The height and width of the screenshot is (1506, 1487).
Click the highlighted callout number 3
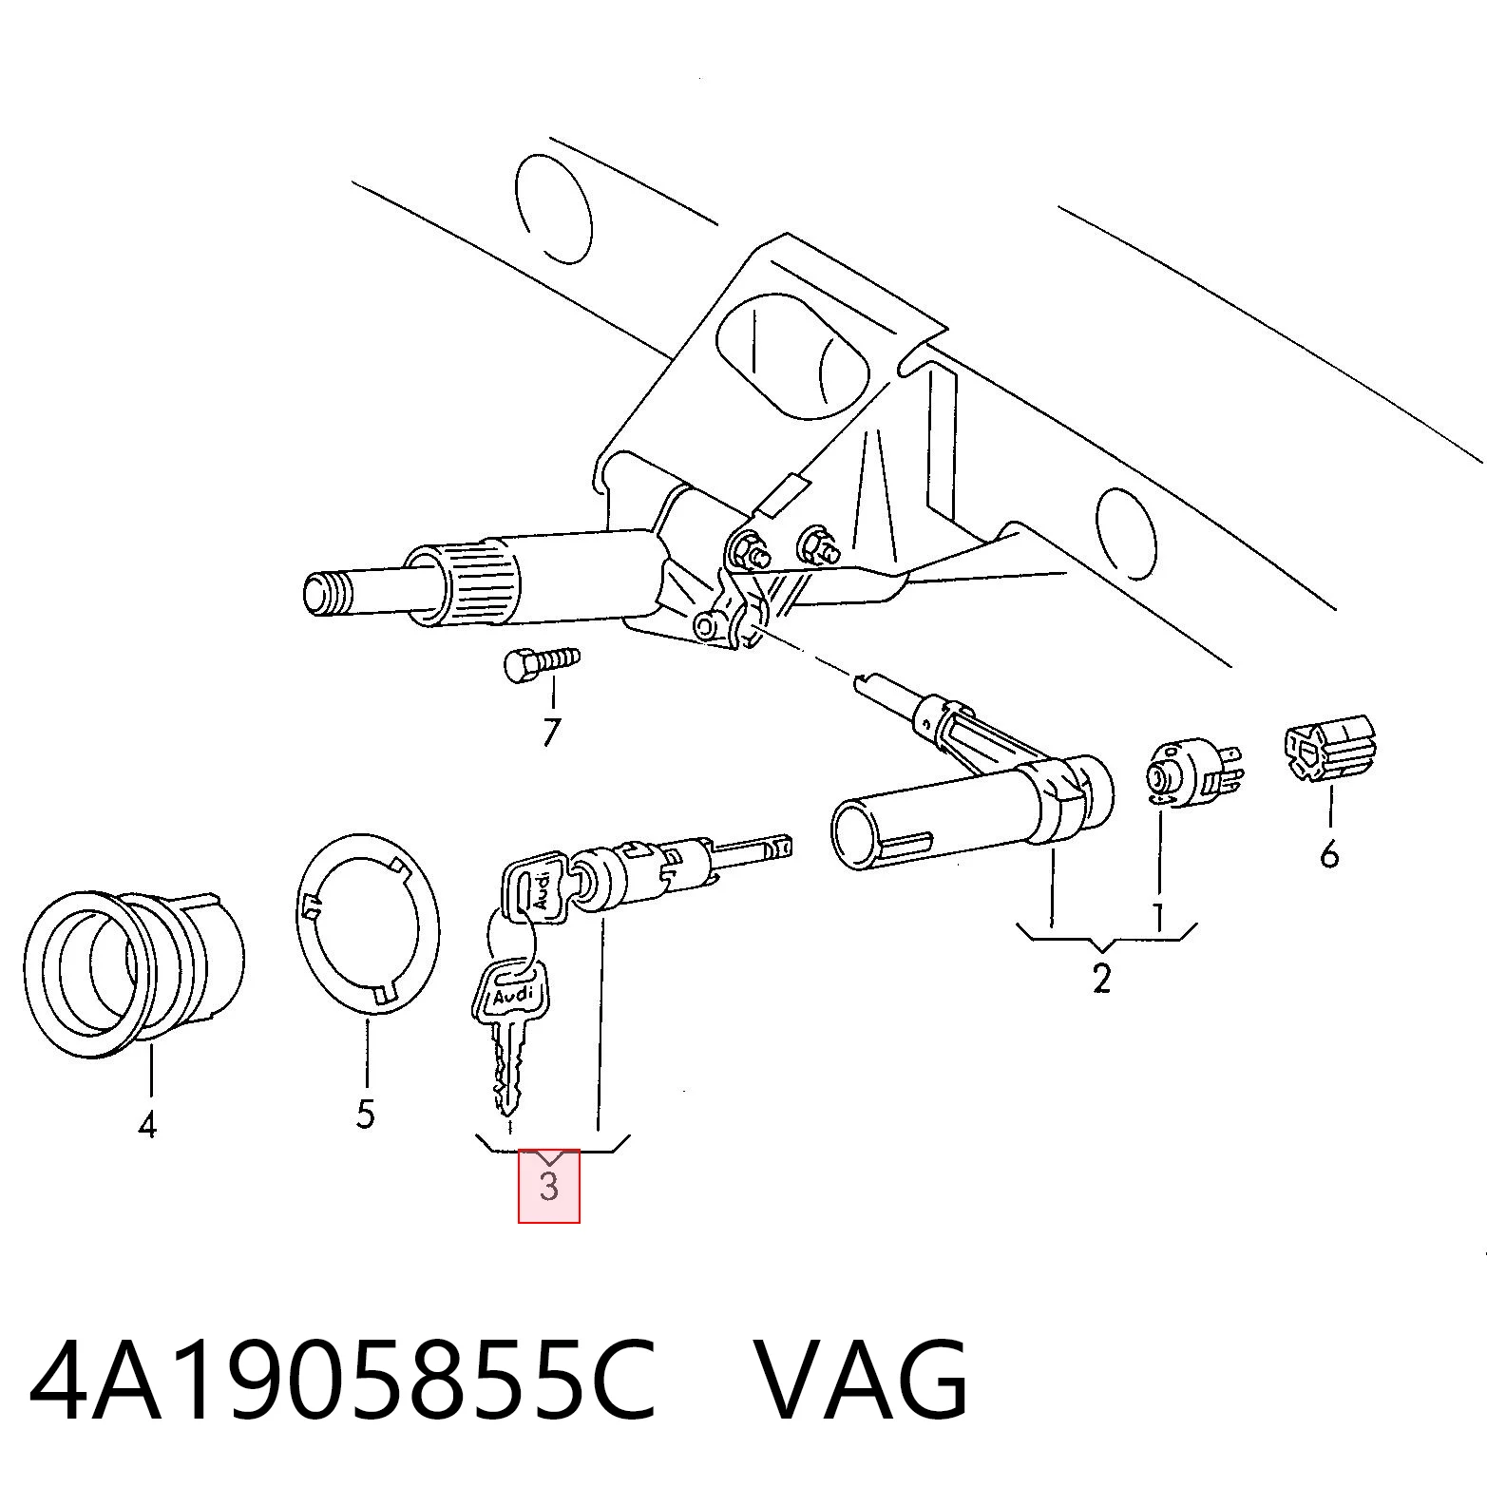(x=548, y=1186)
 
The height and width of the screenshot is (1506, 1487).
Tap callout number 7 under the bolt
(x=551, y=732)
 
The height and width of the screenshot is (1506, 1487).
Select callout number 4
(x=146, y=1125)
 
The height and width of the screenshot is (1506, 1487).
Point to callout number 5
(x=366, y=1113)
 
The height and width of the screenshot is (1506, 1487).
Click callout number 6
(x=1329, y=854)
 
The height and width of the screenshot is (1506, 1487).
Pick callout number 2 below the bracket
(x=1101, y=978)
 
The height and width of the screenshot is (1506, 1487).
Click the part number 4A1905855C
(x=343, y=1379)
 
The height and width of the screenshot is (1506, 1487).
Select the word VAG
(x=861, y=1379)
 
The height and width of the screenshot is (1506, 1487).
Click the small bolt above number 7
(x=541, y=661)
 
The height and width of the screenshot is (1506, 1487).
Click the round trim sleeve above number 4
(x=133, y=971)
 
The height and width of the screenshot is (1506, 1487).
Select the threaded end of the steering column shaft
(x=326, y=595)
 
